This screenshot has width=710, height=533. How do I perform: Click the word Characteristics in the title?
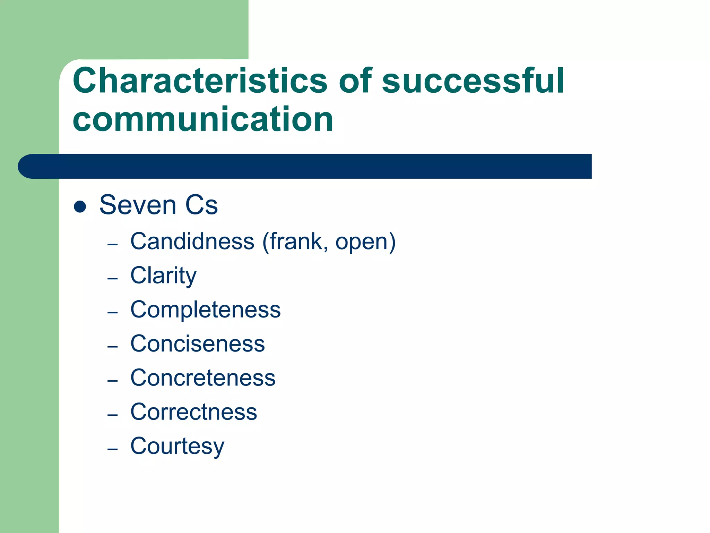[200, 81]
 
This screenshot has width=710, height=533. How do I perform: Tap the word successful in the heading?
[473, 81]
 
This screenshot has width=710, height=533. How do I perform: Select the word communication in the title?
[203, 119]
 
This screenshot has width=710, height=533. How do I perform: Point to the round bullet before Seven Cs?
[80, 206]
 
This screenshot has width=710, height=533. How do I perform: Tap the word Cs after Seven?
[201, 205]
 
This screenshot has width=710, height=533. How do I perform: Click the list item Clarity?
[163, 276]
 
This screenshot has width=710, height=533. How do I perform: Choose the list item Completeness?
[205, 310]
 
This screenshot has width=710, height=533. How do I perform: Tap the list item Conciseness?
[198, 344]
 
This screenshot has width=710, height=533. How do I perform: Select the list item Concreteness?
[203, 378]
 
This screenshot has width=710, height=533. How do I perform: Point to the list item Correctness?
[193, 412]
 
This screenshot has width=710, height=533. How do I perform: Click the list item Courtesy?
[177, 446]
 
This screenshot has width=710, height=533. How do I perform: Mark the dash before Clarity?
[113, 279]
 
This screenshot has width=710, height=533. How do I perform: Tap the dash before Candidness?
[113, 245]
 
